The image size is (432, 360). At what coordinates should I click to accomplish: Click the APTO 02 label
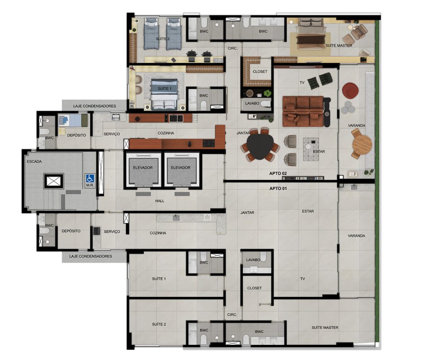[278, 174]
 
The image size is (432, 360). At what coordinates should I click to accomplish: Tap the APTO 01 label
[278, 189]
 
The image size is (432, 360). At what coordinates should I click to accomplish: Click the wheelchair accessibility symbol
[90, 178]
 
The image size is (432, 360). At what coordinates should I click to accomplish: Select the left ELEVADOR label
[143, 167]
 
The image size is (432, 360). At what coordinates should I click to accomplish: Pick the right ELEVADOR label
[180, 167]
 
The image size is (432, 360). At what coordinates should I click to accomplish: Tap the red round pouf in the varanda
[350, 90]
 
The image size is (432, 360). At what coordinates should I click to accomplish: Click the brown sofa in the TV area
[303, 111]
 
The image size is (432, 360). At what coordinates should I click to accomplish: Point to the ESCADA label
[35, 162]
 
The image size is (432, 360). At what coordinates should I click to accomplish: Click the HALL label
[159, 201]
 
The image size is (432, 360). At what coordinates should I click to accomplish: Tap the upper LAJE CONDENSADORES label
[94, 106]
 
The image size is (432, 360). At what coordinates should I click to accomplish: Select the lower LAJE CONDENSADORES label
[90, 256]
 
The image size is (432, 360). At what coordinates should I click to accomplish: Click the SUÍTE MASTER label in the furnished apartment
[338, 45]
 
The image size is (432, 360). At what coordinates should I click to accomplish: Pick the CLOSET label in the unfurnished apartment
[254, 288]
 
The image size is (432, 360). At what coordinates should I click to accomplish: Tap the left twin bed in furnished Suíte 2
[151, 34]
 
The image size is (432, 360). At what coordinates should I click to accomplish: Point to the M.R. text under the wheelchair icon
[90, 185]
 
